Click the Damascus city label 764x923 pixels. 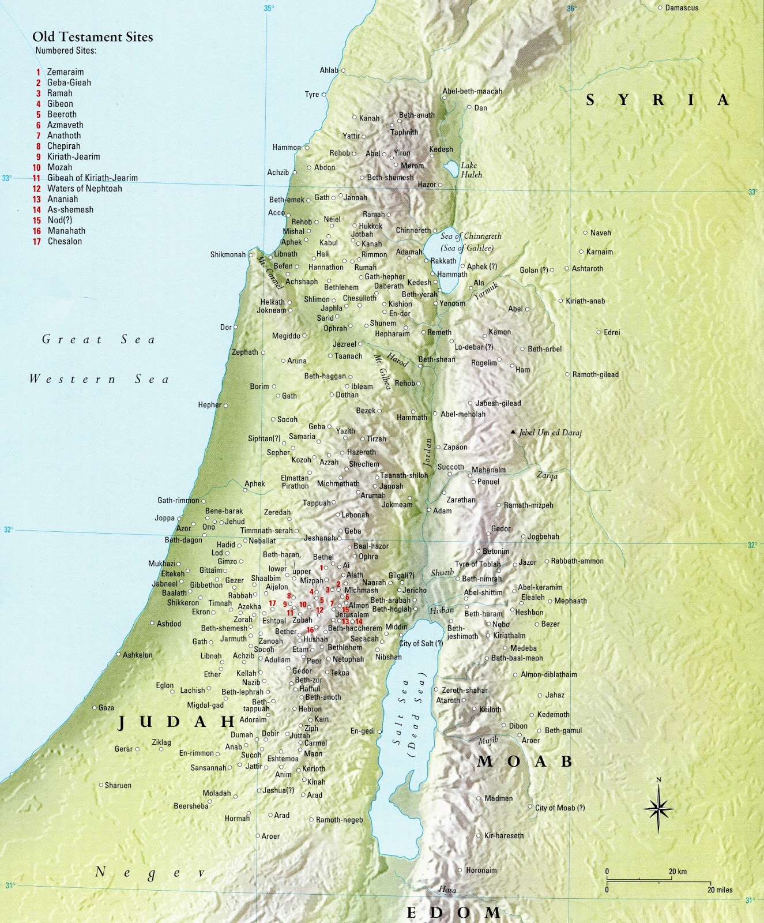[x=682, y=8]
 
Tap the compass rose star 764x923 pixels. [x=658, y=809]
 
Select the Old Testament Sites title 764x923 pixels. [x=92, y=37]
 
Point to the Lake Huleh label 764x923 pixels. [x=471, y=170]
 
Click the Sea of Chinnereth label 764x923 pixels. [x=471, y=237]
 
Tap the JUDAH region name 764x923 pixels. [x=177, y=722]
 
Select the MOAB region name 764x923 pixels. [x=525, y=761]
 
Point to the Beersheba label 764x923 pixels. [x=191, y=806]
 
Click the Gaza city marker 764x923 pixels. [x=95, y=708]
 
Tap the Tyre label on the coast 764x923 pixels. [x=311, y=95]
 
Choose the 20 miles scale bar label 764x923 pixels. [x=721, y=890]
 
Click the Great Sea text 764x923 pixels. [x=99, y=340]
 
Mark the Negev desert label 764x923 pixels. [x=150, y=872]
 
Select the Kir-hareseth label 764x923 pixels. [x=504, y=835]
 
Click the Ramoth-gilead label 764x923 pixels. [x=595, y=374]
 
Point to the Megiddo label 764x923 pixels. [x=286, y=336]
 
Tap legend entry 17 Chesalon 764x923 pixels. [x=65, y=242]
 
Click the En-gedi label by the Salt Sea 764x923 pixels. [x=362, y=731]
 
